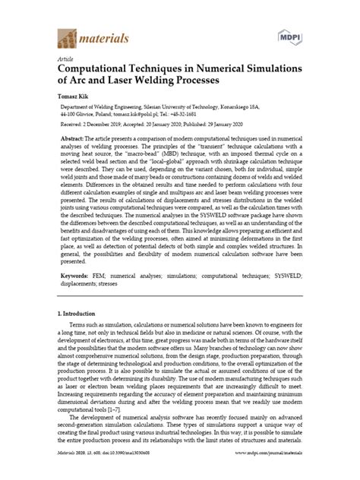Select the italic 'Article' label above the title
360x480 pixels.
coord(66,58)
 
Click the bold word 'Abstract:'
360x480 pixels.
coord(78,142)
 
